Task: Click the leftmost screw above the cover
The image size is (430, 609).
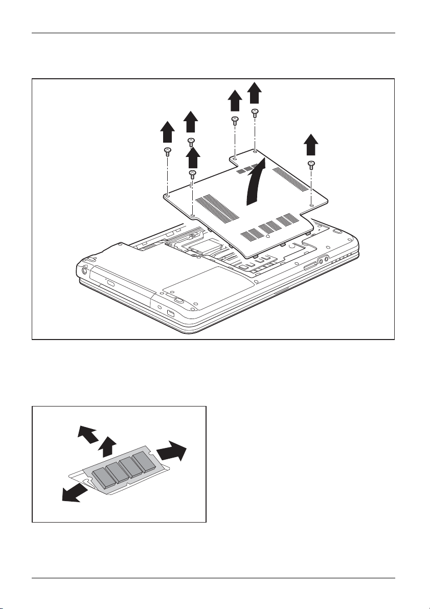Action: [167, 151]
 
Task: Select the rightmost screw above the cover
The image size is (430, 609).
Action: [311, 164]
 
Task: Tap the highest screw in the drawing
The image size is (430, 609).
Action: [255, 112]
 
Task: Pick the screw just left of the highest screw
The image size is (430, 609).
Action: [234, 121]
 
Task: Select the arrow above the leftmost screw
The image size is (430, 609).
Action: [167, 133]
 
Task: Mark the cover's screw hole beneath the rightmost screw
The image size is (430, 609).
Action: [311, 206]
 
